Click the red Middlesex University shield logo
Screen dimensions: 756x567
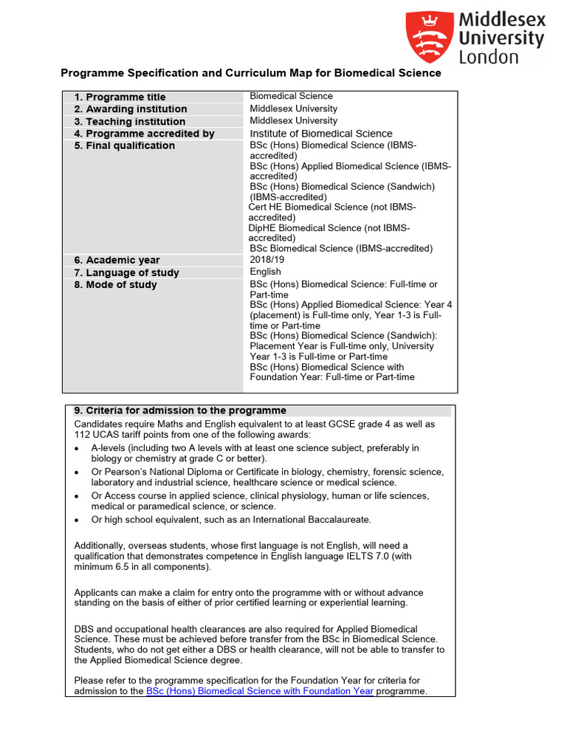(x=427, y=37)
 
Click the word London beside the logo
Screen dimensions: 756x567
(x=489, y=57)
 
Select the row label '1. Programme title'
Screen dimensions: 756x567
(x=120, y=97)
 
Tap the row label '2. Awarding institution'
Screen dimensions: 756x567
(x=130, y=109)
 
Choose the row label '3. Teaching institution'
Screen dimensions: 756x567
(x=129, y=121)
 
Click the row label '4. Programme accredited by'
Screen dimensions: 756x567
(x=144, y=134)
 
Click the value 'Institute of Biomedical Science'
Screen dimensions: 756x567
(x=321, y=134)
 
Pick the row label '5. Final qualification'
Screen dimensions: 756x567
(x=124, y=145)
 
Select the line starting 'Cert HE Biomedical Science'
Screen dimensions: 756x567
(x=332, y=207)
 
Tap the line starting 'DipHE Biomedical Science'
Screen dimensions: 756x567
(x=329, y=228)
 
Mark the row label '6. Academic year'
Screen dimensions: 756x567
(x=117, y=260)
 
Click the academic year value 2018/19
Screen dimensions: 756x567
(x=267, y=260)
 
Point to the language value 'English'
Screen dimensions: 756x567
(x=265, y=272)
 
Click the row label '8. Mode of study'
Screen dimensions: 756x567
(x=115, y=284)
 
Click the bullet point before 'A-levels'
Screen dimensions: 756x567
(x=78, y=448)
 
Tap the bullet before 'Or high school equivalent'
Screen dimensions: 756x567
(x=78, y=520)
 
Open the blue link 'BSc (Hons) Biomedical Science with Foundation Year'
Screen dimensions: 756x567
(x=260, y=691)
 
